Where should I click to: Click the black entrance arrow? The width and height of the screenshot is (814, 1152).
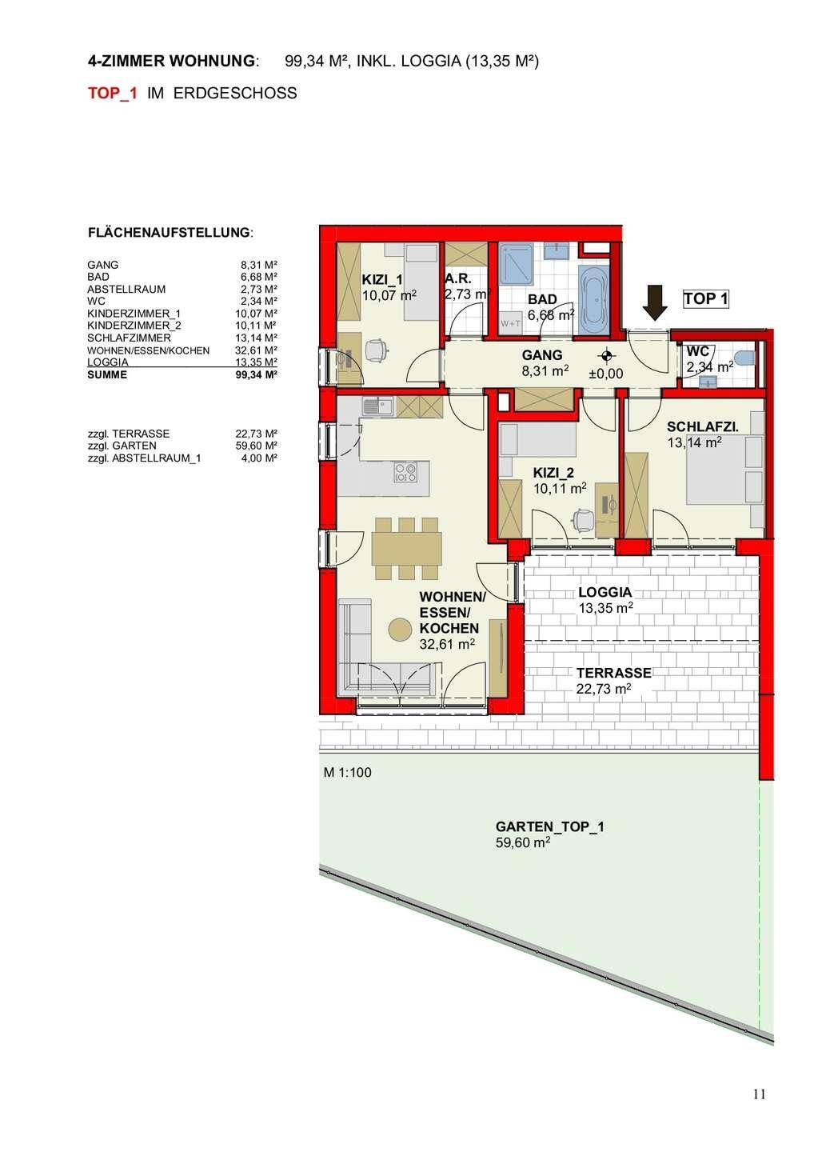tap(655, 303)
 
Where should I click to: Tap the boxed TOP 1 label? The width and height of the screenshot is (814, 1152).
tap(705, 299)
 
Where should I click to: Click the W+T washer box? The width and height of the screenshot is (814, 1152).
tap(510, 323)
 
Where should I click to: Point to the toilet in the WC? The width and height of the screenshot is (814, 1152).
tap(746, 357)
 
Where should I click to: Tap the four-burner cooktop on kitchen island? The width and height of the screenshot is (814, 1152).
tap(405, 473)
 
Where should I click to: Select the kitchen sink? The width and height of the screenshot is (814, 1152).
tap(377, 406)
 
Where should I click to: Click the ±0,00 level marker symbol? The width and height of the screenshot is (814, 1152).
tap(608, 355)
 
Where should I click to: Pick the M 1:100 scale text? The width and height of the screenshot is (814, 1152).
tap(347, 773)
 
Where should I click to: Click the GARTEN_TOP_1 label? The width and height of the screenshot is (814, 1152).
tap(549, 827)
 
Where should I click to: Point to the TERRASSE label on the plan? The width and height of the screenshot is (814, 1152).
tap(613, 673)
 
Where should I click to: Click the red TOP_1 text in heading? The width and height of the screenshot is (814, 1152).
tap(113, 93)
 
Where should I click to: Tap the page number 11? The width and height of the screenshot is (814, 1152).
tap(760, 1094)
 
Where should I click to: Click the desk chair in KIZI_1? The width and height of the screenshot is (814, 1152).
tap(376, 350)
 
